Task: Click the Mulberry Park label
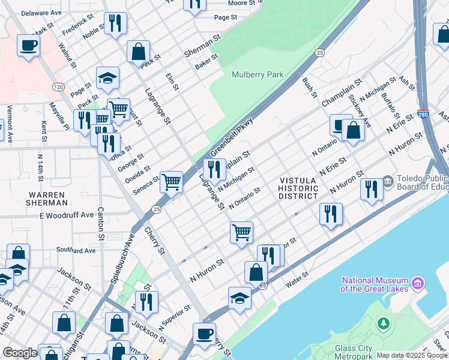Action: tap(258, 75)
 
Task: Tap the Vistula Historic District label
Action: tap(298, 188)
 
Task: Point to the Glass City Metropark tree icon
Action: tap(383, 324)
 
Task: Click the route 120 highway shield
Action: tap(58, 87)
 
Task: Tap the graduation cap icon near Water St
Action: tap(240, 298)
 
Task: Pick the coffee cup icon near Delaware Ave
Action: tap(28, 46)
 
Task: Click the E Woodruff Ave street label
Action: tap(67, 215)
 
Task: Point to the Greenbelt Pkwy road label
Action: tap(232, 137)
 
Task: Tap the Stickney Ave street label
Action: tap(360, 105)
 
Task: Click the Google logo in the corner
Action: tap(20, 353)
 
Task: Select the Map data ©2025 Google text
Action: tap(411, 355)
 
